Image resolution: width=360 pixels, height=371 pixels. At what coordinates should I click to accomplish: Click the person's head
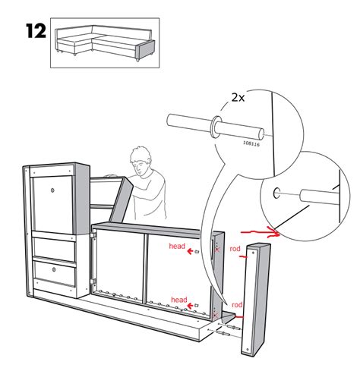(x=141, y=162)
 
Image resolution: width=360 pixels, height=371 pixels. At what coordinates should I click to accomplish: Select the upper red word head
(x=177, y=247)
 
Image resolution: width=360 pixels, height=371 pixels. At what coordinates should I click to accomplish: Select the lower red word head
(x=179, y=300)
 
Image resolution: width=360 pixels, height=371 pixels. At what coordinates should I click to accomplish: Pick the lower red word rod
(x=238, y=307)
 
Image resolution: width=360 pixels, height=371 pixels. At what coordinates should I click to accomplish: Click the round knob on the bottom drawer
(x=53, y=269)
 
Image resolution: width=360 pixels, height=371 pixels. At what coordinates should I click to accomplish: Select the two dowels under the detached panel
(x=226, y=331)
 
